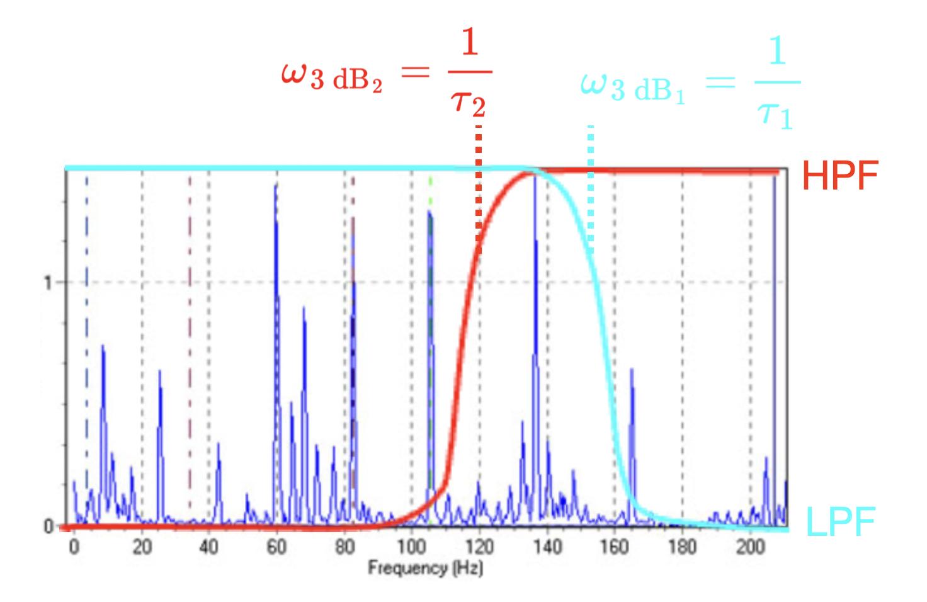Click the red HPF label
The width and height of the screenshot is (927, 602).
pyautogui.click(x=839, y=176)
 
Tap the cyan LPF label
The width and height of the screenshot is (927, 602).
pyautogui.click(x=841, y=522)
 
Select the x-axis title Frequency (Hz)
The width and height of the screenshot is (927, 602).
pyautogui.click(x=425, y=568)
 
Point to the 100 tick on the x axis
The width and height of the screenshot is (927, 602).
pyautogui.click(x=412, y=547)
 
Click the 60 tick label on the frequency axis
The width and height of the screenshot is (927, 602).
pyautogui.click(x=276, y=547)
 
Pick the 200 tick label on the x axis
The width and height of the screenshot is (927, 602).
pyautogui.click(x=750, y=547)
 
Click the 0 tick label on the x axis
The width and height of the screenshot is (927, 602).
pyautogui.click(x=74, y=547)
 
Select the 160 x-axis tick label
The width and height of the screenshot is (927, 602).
pyautogui.click(x=614, y=547)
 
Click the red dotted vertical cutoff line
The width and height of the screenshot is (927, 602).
pyautogui.click(x=479, y=189)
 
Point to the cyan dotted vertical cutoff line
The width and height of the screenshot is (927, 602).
pyautogui.click(x=591, y=189)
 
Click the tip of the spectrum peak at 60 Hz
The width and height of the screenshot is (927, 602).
pyautogui.click(x=276, y=185)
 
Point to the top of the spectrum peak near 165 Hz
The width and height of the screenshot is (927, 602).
pyautogui.click(x=632, y=370)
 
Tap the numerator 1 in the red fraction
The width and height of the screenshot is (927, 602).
pyautogui.click(x=470, y=43)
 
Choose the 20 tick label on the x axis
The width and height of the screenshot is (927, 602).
pyautogui.click(x=142, y=547)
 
